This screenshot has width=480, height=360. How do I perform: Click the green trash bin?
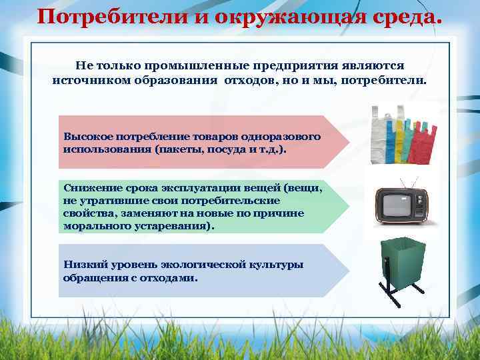point(401,263)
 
